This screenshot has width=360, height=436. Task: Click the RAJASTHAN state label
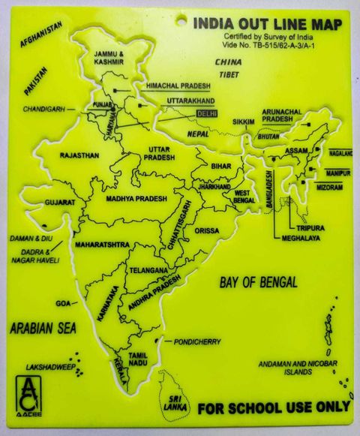click(79, 155)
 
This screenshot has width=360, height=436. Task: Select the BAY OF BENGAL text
click(258, 283)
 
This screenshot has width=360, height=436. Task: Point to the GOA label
click(62, 303)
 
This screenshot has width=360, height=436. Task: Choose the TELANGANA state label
click(146, 269)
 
